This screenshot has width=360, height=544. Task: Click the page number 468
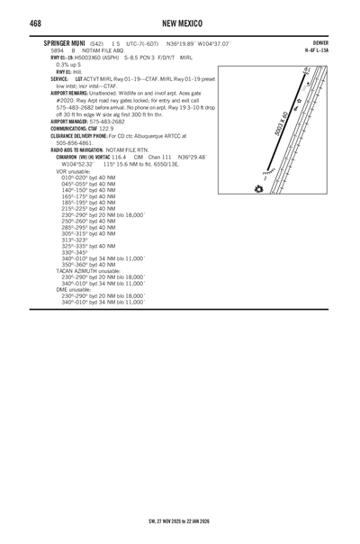(x=37, y=22)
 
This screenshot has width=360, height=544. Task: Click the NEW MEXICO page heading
(x=180, y=22)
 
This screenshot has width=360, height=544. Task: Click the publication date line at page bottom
(x=179, y=520)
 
